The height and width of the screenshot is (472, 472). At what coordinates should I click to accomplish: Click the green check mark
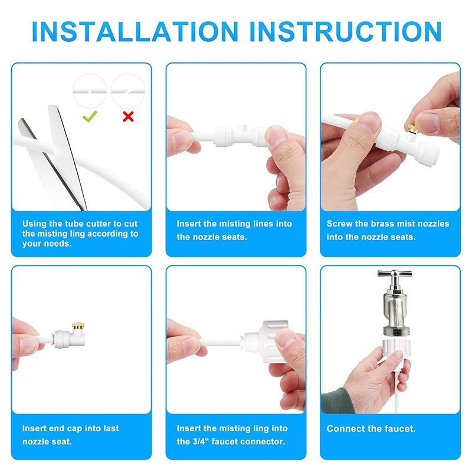pos(90,116)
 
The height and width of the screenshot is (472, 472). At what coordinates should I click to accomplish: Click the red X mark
pos(128,116)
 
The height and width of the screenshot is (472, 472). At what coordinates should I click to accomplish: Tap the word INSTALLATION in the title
pos(135,32)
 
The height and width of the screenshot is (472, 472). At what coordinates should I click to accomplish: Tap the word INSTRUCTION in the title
pos(346,32)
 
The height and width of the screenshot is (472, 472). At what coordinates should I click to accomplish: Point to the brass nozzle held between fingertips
pos(412,129)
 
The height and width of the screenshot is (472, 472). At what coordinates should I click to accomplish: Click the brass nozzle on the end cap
pos(78,326)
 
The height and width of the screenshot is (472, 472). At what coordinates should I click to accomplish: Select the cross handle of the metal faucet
pos(395,274)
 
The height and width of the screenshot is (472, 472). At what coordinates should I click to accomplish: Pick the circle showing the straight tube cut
pos(90,91)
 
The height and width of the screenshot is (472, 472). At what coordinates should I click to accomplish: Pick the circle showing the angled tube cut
pos(128,91)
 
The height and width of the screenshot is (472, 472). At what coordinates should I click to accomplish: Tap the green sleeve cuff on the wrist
pos(336,401)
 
